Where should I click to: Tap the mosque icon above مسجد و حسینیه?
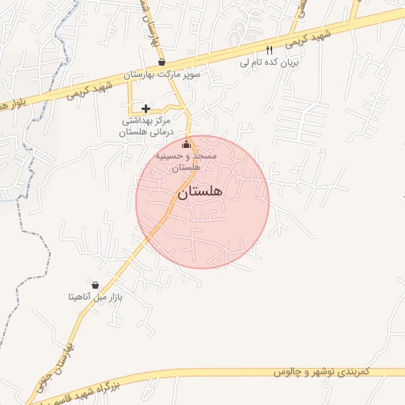[x=187, y=144]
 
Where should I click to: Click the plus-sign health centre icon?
[x=146, y=108]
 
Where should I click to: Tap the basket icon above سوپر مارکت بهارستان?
[x=161, y=62]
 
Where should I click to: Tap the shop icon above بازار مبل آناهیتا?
[x=95, y=285]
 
